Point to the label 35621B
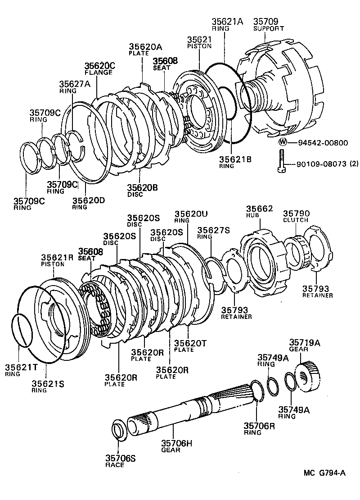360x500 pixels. tap(235, 159)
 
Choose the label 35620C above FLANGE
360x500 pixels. tap(100, 66)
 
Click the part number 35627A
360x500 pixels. tap(75, 84)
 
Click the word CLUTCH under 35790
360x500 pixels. tap(296, 220)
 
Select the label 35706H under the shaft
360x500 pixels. tap(177, 443)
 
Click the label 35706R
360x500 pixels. tap(259, 426)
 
